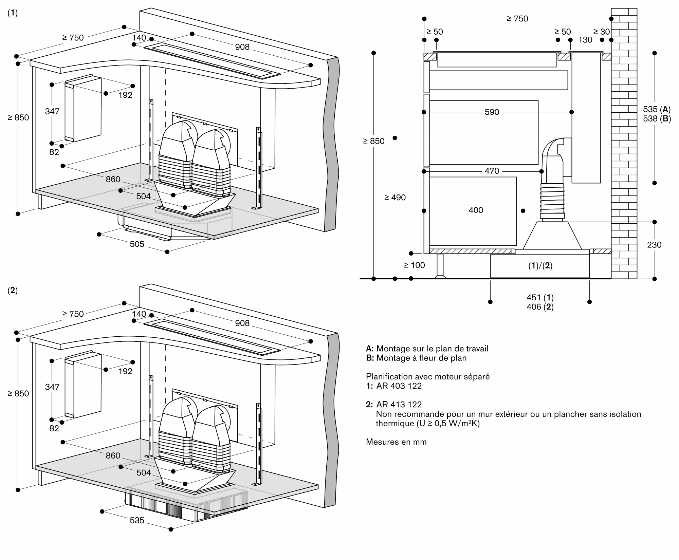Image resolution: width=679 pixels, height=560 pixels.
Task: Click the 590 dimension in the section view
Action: (492, 112)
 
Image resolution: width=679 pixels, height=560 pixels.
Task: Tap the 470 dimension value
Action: (492, 171)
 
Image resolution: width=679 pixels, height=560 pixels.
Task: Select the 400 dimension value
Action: (476, 210)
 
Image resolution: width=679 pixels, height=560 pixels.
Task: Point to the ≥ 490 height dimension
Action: (395, 198)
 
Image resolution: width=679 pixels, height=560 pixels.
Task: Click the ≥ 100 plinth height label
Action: (414, 265)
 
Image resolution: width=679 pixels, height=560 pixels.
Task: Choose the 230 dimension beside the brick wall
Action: (654, 245)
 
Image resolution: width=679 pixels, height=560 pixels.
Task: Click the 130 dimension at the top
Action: (585, 40)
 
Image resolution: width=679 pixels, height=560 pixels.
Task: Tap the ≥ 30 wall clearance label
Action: (602, 32)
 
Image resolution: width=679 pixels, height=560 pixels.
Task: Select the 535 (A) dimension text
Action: (657, 109)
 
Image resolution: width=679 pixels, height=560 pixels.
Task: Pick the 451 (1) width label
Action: (540, 298)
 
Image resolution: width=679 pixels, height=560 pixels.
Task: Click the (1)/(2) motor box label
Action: (540, 266)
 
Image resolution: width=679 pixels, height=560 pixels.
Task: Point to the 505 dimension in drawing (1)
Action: (137, 244)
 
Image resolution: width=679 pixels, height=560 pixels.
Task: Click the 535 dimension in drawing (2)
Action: (137, 520)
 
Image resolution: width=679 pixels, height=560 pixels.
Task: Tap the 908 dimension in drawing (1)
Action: (242, 47)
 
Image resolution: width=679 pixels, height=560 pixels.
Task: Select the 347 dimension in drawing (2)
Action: (52, 387)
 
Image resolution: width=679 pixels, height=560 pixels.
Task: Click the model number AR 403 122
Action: (399, 386)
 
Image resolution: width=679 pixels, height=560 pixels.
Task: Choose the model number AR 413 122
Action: (399, 405)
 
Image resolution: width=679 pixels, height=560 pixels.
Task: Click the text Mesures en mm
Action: (396, 442)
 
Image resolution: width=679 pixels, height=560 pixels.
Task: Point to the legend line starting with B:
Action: (416, 358)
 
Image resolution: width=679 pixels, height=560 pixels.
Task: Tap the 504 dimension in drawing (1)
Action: (144, 196)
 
